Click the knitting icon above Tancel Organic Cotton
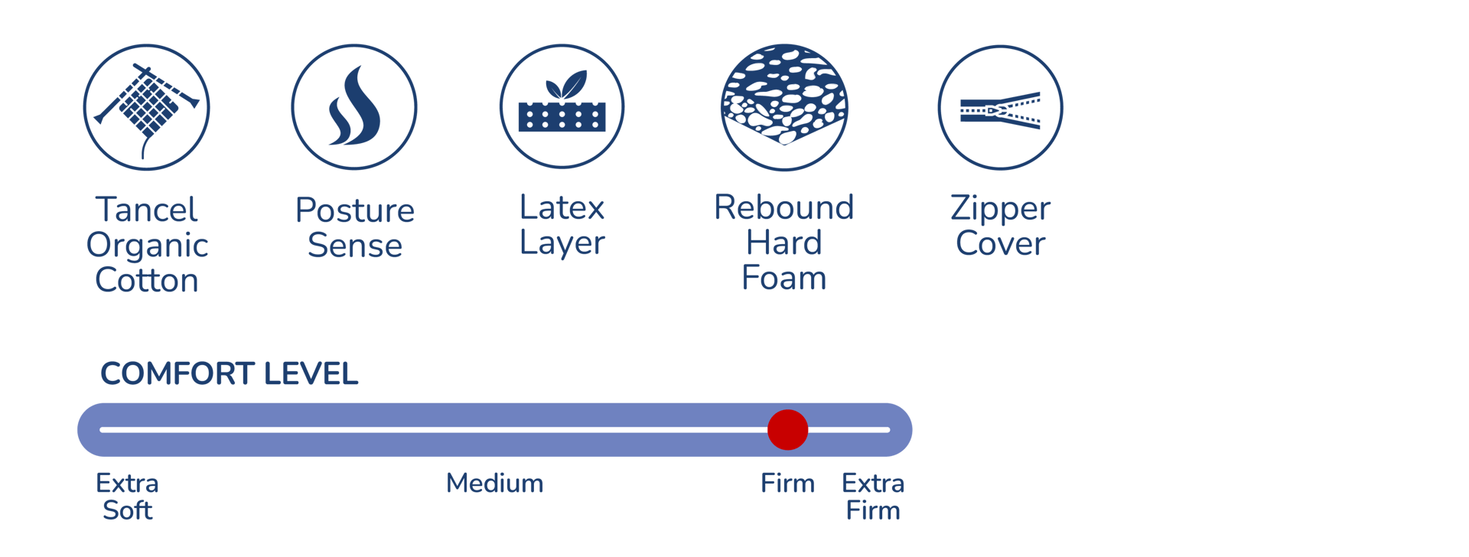pos(146,107)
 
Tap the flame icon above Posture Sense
pos(354,107)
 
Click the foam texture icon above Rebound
pos(784,107)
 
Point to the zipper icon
pos(1000,108)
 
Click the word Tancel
pos(147,210)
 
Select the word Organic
pos(147,246)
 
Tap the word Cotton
pos(147,281)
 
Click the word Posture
pos(355,210)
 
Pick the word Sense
pos(355,246)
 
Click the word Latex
pos(562,207)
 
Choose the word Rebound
pos(784,207)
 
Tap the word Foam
pos(784,278)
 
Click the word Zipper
pos(1000,209)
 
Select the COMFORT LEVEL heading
pos(230,374)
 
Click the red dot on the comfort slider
pos(787,430)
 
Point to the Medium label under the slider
pos(495,484)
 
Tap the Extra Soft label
pos(127,497)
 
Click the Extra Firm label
pos(873,497)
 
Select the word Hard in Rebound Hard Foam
pos(784,243)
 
